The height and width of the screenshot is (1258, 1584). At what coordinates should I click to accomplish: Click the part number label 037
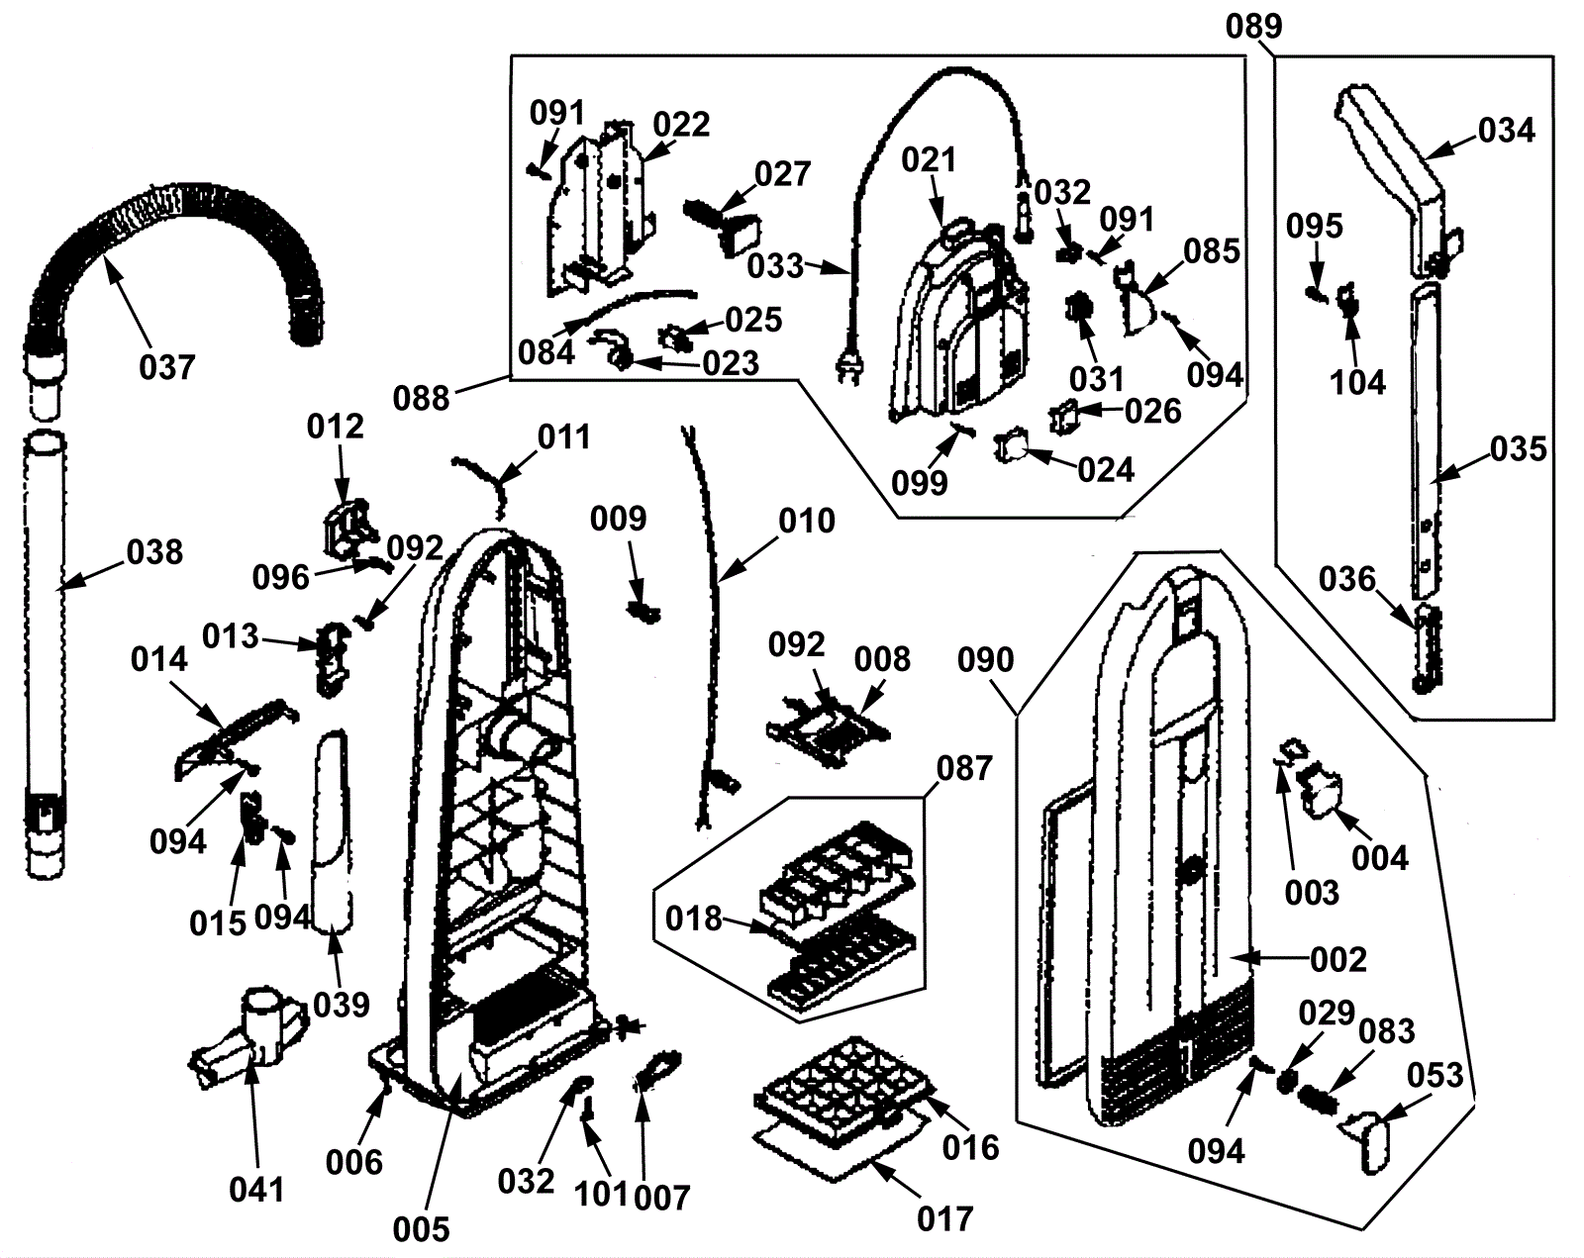pyautogui.click(x=166, y=367)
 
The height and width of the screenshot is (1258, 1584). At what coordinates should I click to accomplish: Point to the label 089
pyautogui.click(x=1253, y=26)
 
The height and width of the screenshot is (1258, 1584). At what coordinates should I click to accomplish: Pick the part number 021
pyautogui.click(x=929, y=159)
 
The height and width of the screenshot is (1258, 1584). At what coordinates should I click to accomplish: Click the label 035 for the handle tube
pyautogui.click(x=1518, y=448)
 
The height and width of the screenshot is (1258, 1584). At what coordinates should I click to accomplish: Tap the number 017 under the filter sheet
pyautogui.click(x=944, y=1217)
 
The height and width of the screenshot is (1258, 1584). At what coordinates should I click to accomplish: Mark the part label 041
pyautogui.click(x=256, y=1189)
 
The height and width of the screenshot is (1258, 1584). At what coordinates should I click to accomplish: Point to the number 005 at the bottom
pyautogui.click(x=421, y=1228)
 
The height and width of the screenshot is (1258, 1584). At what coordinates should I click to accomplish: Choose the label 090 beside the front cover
pyautogui.click(x=986, y=659)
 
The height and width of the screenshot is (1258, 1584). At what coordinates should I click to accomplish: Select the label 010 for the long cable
pyautogui.click(x=807, y=521)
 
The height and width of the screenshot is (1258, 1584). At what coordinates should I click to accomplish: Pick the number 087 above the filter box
pyautogui.click(x=963, y=767)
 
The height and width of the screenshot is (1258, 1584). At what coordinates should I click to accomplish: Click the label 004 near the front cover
pyautogui.click(x=1379, y=857)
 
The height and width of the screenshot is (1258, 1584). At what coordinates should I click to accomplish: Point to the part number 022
pyautogui.click(x=681, y=125)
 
